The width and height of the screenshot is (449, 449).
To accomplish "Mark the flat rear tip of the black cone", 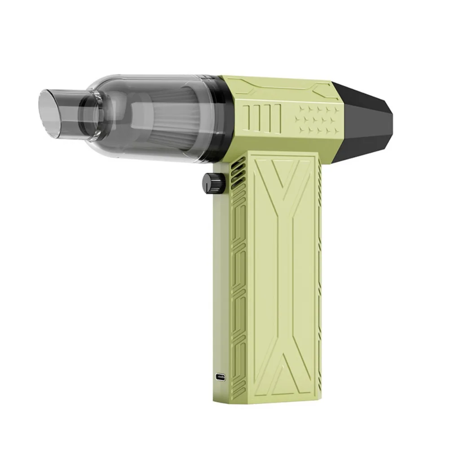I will (391, 119).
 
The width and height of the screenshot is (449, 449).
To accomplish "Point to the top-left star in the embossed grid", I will (298, 109).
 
